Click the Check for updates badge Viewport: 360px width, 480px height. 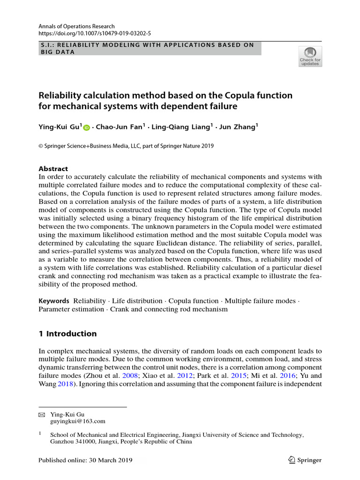point(310,56)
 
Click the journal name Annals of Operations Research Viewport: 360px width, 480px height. point(76,27)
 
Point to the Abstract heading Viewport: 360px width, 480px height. point(53,169)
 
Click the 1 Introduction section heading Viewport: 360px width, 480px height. point(67,334)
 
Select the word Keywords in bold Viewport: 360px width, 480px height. point(54,301)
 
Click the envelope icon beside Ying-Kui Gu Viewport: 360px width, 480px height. point(41,415)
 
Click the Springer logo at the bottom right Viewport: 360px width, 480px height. point(304,460)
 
